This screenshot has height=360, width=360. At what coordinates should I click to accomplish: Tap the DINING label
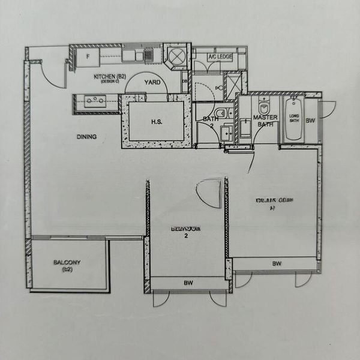(x=86, y=137)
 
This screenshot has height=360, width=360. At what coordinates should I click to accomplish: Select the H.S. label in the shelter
(x=157, y=121)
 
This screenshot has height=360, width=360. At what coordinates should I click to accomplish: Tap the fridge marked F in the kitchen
(x=88, y=57)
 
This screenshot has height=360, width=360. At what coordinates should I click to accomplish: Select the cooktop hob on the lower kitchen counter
(x=95, y=101)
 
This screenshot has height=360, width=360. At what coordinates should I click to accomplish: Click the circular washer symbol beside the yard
(x=178, y=56)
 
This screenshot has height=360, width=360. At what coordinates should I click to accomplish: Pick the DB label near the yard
(x=184, y=81)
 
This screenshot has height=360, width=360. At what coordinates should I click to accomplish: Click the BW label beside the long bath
(x=310, y=121)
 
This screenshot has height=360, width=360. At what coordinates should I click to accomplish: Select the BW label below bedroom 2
(x=188, y=283)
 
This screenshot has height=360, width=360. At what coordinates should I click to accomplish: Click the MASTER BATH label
(x=265, y=121)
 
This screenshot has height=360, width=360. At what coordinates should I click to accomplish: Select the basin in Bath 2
(x=226, y=133)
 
